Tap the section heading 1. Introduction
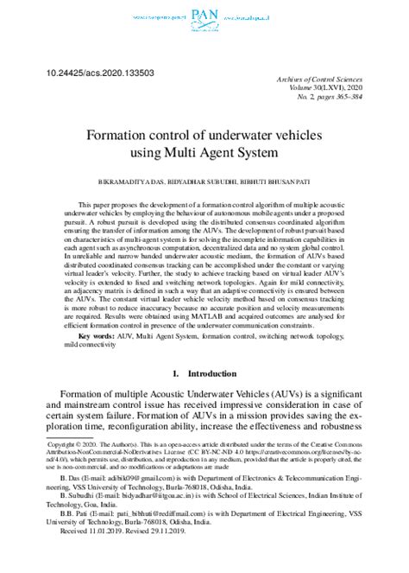[204, 374]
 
